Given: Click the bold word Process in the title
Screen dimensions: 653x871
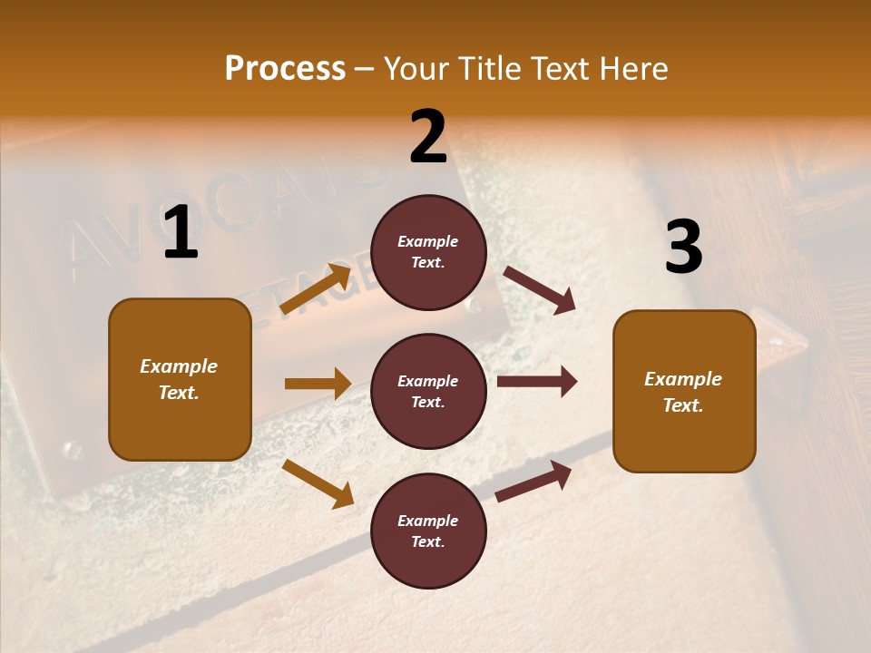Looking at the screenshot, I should pos(285,69).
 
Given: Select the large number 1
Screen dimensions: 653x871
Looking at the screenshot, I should pos(181,233).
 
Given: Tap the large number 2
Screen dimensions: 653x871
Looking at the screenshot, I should pos(428,137).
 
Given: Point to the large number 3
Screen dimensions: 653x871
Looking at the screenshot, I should pos(683,247).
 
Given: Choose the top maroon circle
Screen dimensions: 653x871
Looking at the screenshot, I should pos(428,252).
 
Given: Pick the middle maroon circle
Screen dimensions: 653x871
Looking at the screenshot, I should pos(428,391).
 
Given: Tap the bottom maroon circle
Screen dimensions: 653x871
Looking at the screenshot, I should pos(428,531).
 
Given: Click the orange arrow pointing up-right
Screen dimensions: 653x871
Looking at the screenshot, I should pos(315,289).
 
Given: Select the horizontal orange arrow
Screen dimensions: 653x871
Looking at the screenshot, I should pos(318,384).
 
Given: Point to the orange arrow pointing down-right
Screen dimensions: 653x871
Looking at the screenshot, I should pos(318,483).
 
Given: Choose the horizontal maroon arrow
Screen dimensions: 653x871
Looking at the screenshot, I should pos(537,382).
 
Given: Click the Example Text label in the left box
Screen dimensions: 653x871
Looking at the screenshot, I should pos(179,379).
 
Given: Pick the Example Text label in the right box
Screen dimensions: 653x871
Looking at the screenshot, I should pos(683,392).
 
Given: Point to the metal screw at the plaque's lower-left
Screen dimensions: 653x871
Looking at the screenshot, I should pos(70,449).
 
